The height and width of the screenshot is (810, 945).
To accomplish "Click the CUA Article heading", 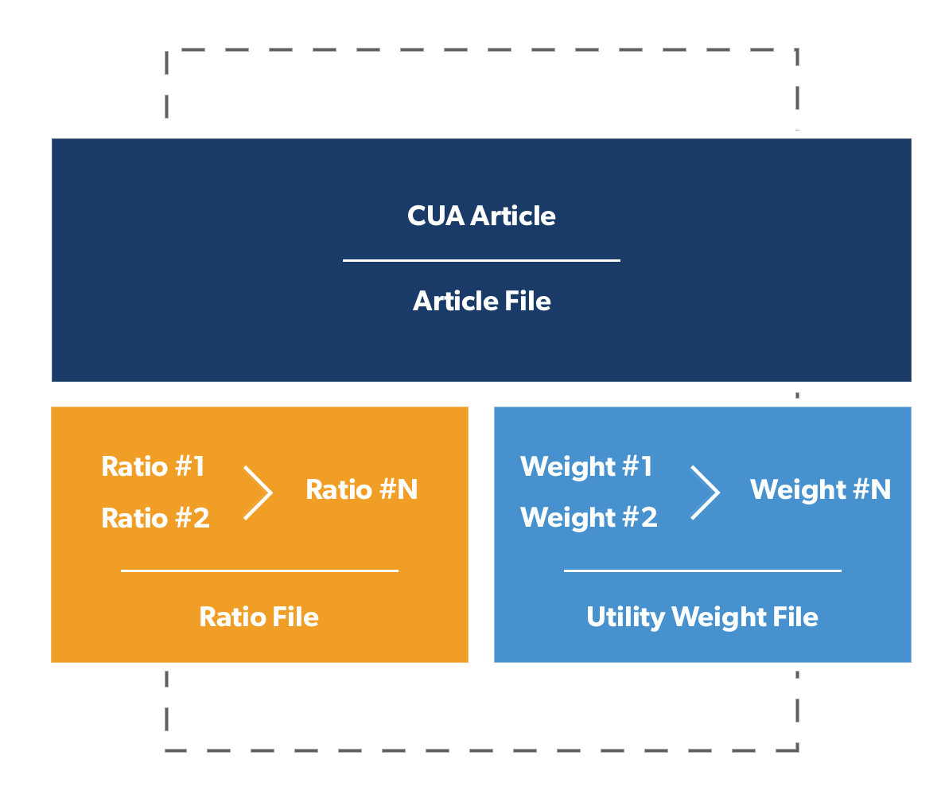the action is click(x=481, y=216).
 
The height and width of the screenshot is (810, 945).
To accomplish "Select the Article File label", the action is click(x=481, y=301).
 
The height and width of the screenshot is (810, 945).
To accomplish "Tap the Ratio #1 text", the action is click(x=153, y=466).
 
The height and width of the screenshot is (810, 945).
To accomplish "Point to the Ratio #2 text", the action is click(x=155, y=518).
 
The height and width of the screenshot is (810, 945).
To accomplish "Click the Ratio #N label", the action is click(x=362, y=489).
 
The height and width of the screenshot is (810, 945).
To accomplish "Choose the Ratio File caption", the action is click(x=259, y=617).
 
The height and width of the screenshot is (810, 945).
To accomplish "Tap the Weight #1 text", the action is click(x=586, y=466).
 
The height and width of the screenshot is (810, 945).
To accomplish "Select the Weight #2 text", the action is click(x=589, y=518).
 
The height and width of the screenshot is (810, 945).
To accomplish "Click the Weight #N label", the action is click(x=820, y=489).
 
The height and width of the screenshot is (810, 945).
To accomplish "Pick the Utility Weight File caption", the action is click(x=702, y=617).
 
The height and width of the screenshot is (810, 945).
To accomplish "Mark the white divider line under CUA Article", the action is click(x=481, y=260).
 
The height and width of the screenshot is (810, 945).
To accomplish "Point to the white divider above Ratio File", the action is click(x=260, y=571).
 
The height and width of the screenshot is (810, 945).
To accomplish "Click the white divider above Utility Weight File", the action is click(x=702, y=571).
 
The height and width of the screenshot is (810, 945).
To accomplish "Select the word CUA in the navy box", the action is click(x=436, y=216).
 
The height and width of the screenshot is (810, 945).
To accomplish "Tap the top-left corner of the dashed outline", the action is click(x=167, y=50).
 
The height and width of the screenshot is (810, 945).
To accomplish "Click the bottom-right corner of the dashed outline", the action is click(x=797, y=750).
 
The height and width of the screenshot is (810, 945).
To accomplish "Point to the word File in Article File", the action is click(x=527, y=301).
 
